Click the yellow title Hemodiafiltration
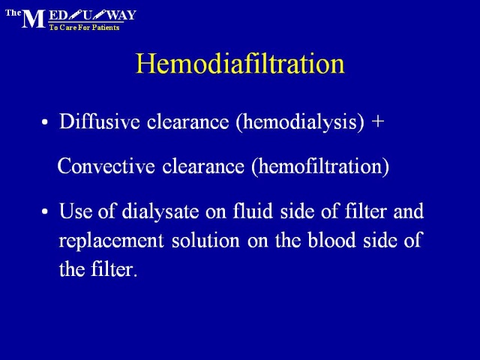(240, 64)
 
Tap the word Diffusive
(100, 121)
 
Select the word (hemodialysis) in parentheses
(300, 122)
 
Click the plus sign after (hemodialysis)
(378, 121)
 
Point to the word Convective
(106, 166)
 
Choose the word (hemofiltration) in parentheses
(320, 167)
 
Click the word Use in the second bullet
(76, 211)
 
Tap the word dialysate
(160, 211)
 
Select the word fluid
(253, 211)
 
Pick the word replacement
(112, 241)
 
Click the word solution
(205, 240)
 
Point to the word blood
(331, 239)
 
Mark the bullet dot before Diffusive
(45, 122)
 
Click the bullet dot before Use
(45, 211)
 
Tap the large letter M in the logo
(34, 19)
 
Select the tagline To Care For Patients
(84, 28)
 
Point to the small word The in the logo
(13, 13)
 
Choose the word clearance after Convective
(203, 166)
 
